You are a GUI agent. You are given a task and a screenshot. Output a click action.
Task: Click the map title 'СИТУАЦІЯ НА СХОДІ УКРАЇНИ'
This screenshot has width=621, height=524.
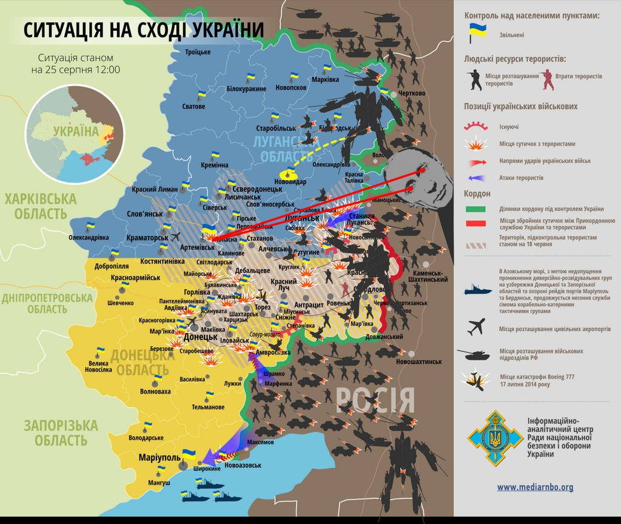[144, 30]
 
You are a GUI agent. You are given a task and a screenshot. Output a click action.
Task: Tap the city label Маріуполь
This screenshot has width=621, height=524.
[159, 457]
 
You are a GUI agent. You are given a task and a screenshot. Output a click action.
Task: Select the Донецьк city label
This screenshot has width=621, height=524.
[200, 336]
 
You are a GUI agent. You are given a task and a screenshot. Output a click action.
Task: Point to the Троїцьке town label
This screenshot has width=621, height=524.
[198, 52]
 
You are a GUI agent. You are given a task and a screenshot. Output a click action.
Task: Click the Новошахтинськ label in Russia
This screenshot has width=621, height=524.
[419, 361]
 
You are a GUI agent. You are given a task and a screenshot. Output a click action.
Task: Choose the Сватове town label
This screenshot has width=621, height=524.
[193, 107]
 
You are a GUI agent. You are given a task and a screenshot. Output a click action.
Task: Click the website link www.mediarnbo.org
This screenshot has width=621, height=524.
[535, 486]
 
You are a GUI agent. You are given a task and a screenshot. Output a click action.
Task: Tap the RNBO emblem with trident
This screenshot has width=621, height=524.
[495, 437]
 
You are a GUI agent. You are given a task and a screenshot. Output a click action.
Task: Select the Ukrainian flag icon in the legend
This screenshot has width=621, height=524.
[476, 33]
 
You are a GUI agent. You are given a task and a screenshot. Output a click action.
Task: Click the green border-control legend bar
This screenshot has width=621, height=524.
[475, 209]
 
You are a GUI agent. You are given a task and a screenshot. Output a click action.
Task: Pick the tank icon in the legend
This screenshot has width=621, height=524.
[473, 354]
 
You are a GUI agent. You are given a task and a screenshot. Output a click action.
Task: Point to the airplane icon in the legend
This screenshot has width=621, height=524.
[476, 327]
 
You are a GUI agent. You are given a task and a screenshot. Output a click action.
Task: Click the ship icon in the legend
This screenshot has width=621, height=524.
[477, 290]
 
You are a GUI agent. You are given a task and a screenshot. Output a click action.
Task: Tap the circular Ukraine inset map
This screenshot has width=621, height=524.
[75, 135]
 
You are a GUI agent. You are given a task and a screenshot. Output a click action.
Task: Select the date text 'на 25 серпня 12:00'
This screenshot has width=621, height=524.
[76, 70]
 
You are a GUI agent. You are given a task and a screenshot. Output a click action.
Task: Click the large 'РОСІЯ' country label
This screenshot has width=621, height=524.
[375, 400]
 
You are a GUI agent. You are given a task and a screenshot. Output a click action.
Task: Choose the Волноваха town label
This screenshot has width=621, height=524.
[155, 391]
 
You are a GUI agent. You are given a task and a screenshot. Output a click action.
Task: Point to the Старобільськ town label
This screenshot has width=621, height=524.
[276, 129]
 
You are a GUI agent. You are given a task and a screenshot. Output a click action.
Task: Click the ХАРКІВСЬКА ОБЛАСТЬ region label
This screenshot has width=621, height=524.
[41, 206]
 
